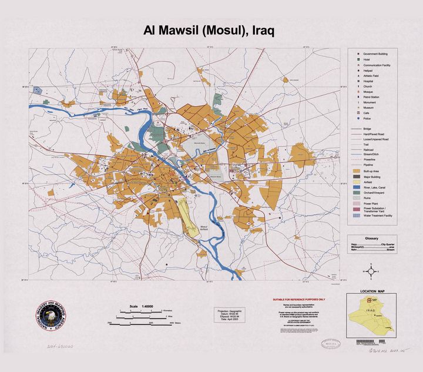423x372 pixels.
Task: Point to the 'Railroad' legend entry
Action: point(370,150)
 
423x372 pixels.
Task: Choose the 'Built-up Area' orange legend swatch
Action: point(356,171)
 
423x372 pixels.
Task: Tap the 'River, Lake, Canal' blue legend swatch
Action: point(356,187)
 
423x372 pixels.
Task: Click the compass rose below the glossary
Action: point(371,271)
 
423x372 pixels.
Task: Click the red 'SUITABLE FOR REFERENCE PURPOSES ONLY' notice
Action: point(298,299)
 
